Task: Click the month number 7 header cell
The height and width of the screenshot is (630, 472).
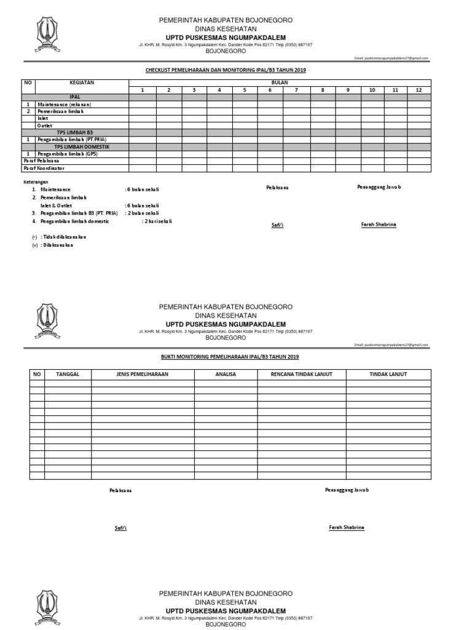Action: [296, 90]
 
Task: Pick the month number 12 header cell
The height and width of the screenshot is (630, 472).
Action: [419, 90]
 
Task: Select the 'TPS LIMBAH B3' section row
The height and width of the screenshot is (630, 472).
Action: [76, 132]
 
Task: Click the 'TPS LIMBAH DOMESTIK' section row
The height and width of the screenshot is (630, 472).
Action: [76, 146]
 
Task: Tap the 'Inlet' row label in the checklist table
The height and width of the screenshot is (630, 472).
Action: [43, 118]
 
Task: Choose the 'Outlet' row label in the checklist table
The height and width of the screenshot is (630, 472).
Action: [45, 125]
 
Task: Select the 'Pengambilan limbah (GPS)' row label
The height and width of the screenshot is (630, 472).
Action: [67, 154]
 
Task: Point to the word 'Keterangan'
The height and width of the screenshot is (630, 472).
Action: [34, 182]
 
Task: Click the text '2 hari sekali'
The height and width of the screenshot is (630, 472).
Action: [157, 221]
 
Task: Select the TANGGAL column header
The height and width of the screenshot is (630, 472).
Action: [68, 374]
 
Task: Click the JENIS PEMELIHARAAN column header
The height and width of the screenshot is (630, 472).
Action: [143, 374]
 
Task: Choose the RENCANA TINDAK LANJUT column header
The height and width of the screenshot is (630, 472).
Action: [301, 374]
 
